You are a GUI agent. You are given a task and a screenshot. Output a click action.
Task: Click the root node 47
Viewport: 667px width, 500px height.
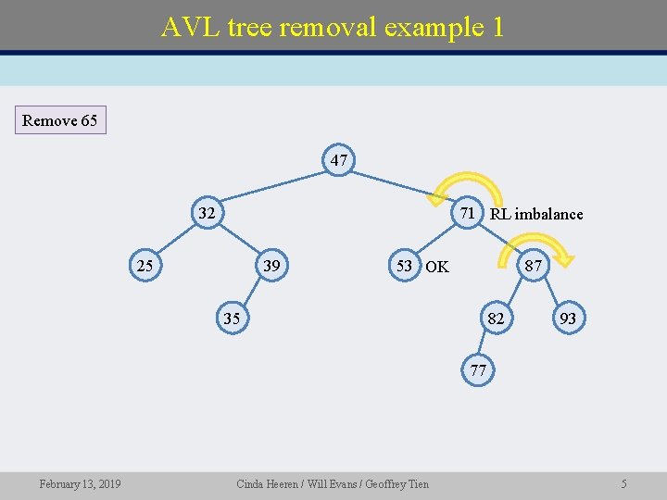click(339, 160)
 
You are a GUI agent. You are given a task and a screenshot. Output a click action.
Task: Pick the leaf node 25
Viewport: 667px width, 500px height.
click(145, 267)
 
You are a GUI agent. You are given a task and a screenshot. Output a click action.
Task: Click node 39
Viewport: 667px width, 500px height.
click(271, 267)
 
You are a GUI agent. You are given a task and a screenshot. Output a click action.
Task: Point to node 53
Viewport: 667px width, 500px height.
click(404, 267)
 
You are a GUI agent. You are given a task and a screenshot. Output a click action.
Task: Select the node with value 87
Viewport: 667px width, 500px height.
click(534, 267)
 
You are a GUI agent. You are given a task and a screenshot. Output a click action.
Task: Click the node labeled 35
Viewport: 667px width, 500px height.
click(233, 319)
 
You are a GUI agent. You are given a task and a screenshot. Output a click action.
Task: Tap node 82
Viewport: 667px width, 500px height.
click(497, 319)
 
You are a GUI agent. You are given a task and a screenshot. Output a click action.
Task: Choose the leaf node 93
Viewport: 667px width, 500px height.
click(568, 319)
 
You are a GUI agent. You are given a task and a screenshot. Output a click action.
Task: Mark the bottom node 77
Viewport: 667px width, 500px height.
click(478, 370)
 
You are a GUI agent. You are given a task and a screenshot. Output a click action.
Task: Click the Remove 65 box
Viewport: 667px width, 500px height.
click(60, 120)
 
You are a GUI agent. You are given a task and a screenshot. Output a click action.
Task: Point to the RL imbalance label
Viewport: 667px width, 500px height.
click(536, 214)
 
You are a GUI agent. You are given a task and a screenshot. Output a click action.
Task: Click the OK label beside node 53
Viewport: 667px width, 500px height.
click(437, 268)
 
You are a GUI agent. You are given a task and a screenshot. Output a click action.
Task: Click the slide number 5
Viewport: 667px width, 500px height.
click(624, 484)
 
